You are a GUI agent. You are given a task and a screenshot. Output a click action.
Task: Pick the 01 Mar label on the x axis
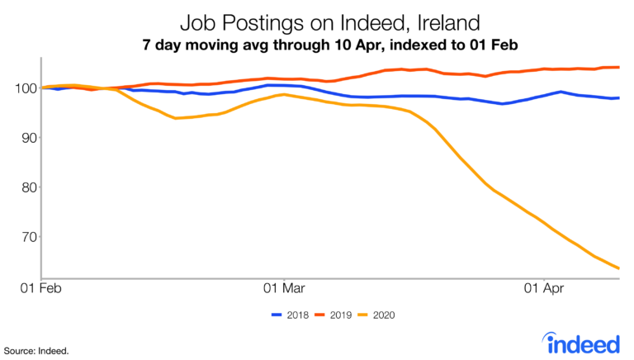[x=283, y=289]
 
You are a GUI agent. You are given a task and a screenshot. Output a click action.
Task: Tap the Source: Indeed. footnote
[x=36, y=350]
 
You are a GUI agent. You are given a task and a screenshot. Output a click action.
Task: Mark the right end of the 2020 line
[x=619, y=268]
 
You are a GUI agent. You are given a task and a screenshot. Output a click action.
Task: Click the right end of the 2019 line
[x=619, y=67]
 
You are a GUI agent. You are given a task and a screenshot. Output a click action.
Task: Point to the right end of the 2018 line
[x=619, y=98]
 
